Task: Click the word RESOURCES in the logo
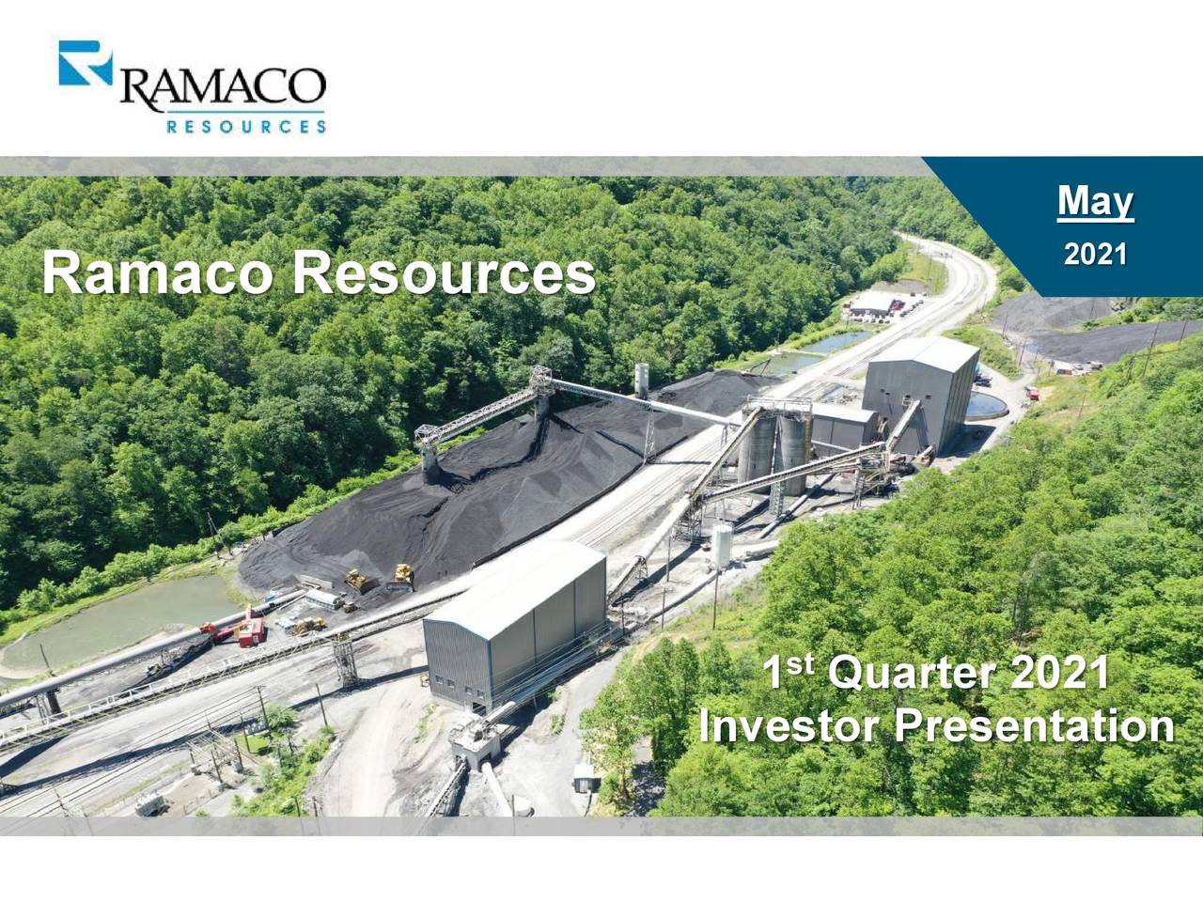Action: [246, 126]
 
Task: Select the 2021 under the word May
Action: [1095, 254]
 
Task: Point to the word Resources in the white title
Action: [443, 273]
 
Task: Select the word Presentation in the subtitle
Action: [1034, 726]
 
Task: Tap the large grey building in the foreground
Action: [515, 620]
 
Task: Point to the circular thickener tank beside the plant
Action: [987, 405]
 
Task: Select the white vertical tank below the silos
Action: [722, 545]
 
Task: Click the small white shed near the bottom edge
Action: [585, 776]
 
